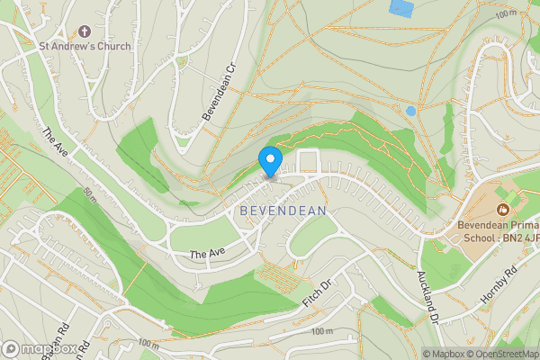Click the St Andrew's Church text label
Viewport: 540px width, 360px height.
tap(84, 46)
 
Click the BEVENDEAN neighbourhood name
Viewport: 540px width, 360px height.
tap(283, 210)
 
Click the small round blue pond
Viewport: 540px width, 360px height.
tap(410, 111)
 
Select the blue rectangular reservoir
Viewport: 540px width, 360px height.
tap(401, 8)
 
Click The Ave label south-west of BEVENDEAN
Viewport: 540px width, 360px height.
tap(206, 255)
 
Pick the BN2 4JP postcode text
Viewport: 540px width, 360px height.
tap(519, 238)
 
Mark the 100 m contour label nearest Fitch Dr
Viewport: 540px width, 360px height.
tap(322, 332)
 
